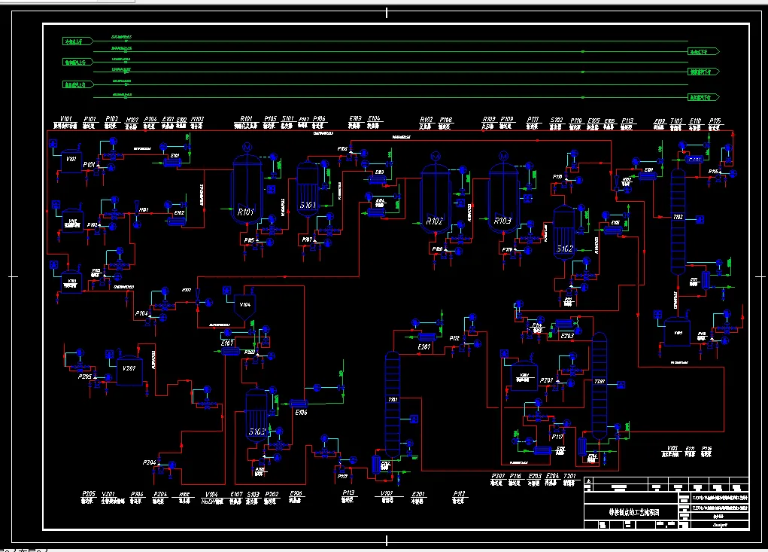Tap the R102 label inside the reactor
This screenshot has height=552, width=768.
tap(434, 221)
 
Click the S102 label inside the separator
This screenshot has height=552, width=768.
tap(564, 248)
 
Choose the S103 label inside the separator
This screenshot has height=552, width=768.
tap(257, 432)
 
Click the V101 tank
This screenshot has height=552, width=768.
tap(71, 161)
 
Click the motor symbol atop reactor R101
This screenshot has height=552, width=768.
tap(246, 148)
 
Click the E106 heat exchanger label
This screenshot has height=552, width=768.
tap(301, 413)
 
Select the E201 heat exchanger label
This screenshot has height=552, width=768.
tap(424, 346)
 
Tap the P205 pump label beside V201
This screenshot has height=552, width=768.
tap(84, 377)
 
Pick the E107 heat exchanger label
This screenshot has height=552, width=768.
tap(227, 343)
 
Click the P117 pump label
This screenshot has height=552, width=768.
tap(557, 437)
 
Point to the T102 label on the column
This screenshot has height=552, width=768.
tap(678, 217)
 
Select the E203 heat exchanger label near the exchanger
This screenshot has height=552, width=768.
tap(567, 336)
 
